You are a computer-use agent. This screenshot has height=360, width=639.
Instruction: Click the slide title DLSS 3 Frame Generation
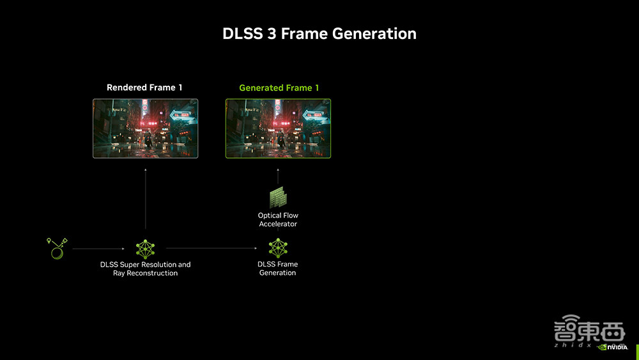[x=319, y=33]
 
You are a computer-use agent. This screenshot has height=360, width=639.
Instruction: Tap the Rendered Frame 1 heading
[x=144, y=88]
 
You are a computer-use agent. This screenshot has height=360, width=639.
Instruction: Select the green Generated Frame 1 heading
[x=279, y=88]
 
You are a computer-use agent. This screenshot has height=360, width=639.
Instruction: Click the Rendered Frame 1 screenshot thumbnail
[x=145, y=128]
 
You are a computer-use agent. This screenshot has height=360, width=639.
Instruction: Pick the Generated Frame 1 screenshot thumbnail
[x=278, y=128]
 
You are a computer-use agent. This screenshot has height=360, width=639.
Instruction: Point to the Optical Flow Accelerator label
[x=278, y=220]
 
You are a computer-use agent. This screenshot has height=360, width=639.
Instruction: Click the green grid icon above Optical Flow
[x=278, y=197]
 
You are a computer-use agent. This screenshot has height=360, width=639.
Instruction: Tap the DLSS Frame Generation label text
[x=277, y=269]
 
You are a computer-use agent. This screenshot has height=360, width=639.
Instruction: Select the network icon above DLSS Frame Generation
[x=277, y=248]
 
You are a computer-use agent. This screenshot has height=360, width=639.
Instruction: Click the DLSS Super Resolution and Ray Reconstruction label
[x=145, y=269]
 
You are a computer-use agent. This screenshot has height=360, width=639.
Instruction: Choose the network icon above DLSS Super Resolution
[x=145, y=248]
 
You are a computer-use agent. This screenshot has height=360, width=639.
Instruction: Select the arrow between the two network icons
[x=211, y=248]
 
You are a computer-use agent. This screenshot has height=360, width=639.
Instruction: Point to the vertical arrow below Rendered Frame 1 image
[x=145, y=198]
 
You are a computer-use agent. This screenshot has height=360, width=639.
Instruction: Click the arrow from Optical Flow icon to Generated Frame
[x=278, y=176]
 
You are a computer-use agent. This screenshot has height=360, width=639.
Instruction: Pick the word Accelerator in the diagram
[x=278, y=224]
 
